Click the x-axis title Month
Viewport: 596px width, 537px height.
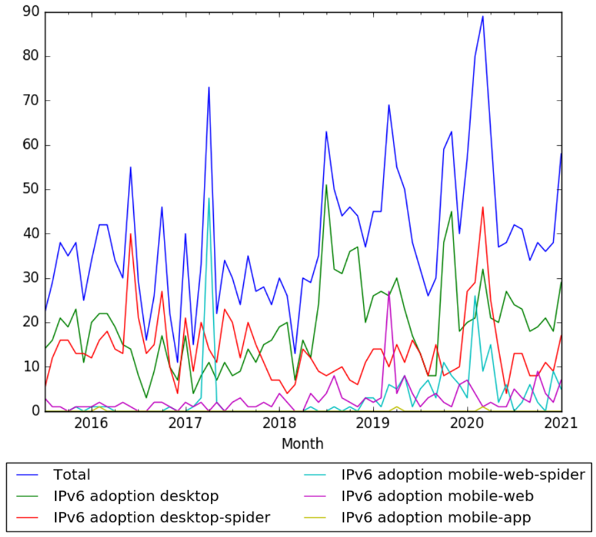[x=302, y=443]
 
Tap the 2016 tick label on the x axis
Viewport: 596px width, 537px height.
[x=91, y=423]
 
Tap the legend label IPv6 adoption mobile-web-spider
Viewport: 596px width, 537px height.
[x=463, y=475]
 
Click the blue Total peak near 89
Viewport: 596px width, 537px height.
[x=483, y=17]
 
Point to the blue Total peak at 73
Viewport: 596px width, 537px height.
[x=208, y=87]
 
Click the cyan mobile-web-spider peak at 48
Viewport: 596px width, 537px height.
[x=208, y=198]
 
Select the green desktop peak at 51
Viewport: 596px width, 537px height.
[x=326, y=185]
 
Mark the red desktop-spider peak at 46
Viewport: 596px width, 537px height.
[x=483, y=207]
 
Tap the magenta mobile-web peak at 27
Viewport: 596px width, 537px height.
[x=389, y=291]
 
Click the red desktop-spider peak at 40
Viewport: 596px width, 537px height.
[x=131, y=234]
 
